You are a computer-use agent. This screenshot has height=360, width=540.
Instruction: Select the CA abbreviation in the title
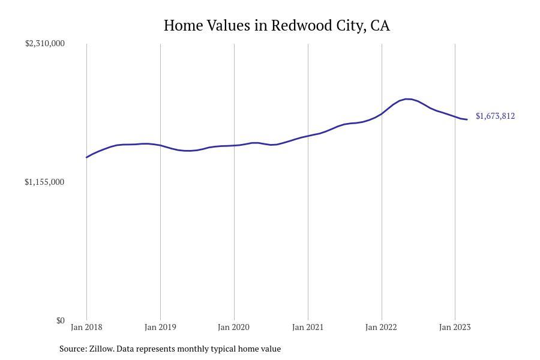tap(380, 26)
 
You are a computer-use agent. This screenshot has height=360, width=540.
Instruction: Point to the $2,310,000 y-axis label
tap(44, 43)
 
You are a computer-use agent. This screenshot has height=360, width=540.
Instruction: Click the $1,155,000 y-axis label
tap(44, 182)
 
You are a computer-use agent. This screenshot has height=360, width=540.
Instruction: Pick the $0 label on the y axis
tap(60, 320)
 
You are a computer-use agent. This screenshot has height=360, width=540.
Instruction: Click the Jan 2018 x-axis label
tap(86, 327)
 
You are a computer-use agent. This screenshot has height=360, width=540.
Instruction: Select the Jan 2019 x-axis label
tap(160, 327)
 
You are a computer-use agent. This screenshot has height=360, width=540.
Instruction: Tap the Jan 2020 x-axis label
tap(234, 327)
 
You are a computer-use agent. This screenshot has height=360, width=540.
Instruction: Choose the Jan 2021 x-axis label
tap(308, 327)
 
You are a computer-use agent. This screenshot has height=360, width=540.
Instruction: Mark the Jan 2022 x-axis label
tap(382, 327)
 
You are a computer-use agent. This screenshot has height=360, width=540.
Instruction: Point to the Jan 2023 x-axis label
tap(455, 327)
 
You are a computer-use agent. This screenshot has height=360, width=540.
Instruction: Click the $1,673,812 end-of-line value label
tap(495, 116)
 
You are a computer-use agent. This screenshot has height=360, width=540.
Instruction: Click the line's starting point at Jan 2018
tap(87, 157)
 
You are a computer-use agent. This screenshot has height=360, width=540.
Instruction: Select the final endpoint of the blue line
tap(467, 119)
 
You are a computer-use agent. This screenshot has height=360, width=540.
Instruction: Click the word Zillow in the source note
tap(101, 349)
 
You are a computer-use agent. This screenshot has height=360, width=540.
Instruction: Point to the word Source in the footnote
tap(73, 349)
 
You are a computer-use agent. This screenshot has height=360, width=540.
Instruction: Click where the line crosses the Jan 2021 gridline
tap(308, 136)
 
